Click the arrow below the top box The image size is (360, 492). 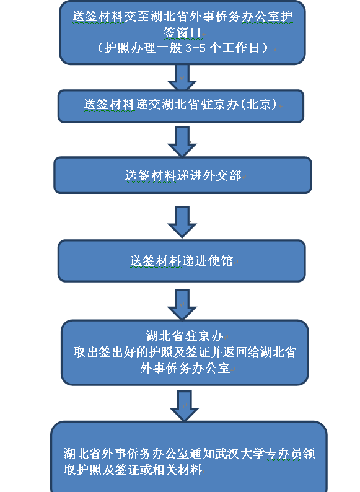182,77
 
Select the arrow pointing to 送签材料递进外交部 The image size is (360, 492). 182,141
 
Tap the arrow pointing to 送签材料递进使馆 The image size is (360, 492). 182,222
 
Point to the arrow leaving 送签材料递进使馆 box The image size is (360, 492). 182,305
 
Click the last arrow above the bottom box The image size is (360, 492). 184,406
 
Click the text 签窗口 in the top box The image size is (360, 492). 182,32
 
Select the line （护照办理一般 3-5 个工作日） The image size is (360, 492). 182,48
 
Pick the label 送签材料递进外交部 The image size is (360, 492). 183,175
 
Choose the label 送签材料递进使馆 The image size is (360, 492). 182,261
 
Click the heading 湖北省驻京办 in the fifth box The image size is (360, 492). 185,336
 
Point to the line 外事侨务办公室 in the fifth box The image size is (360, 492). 185,368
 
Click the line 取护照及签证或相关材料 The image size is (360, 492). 133,470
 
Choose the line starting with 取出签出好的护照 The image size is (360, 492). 185,352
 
